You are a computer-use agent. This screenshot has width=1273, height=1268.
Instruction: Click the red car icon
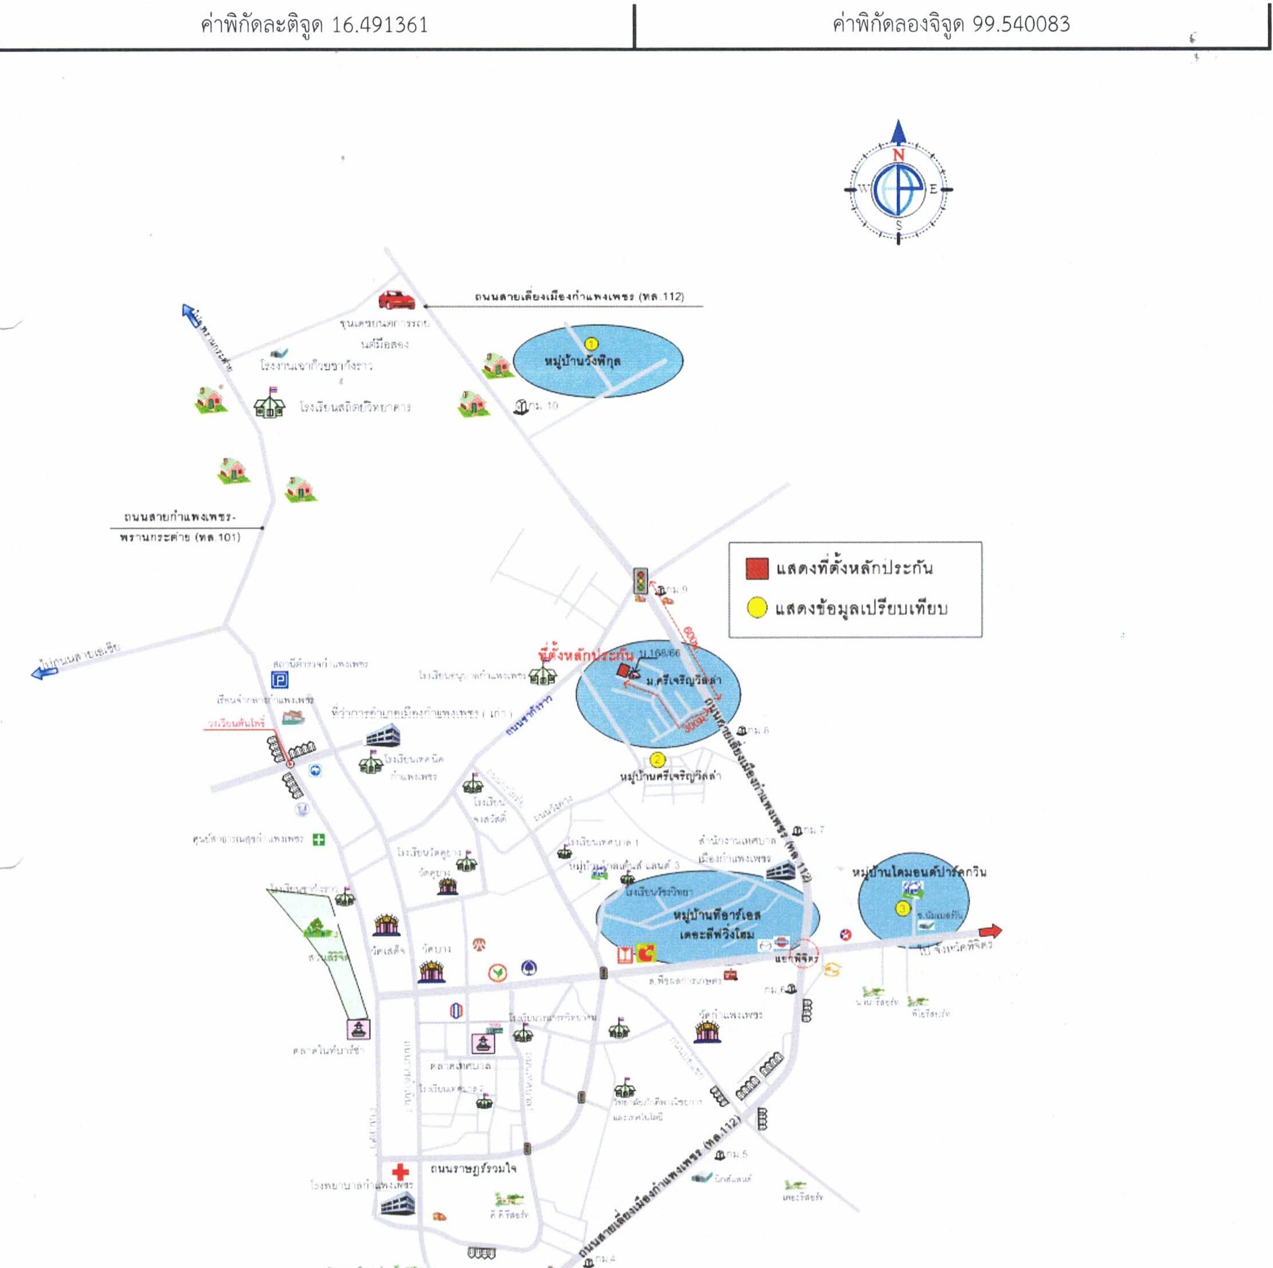click(x=397, y=300)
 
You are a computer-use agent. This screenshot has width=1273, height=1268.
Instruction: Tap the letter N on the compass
click(x=898, y=155)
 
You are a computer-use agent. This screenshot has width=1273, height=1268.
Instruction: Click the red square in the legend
click(x=757, y=568)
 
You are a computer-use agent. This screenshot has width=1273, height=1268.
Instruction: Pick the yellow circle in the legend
click(x=757, y=607)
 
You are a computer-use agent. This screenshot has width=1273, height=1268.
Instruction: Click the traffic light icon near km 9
click(x=640, y=582)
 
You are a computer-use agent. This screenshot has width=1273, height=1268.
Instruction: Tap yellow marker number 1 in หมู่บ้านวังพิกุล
click(x=591, y=344)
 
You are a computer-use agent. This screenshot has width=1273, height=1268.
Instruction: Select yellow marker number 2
click(x=657, y=760)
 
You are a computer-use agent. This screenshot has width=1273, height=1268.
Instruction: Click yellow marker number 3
click(x=902, y=908)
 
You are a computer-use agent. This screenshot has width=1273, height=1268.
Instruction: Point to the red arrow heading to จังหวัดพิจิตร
click(x=990, y=931)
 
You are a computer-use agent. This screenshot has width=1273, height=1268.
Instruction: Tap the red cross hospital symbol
click(x=400, y=1172)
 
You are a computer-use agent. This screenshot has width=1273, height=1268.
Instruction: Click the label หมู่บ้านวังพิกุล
click(x=582, y=362)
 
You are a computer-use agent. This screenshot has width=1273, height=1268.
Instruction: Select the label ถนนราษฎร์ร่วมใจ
click(x=473, y=1168)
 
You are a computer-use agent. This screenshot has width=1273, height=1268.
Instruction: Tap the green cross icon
click(x=319, y=840)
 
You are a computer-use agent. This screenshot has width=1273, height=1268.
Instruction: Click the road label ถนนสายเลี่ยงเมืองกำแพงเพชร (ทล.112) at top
click(x=578, y=297)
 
